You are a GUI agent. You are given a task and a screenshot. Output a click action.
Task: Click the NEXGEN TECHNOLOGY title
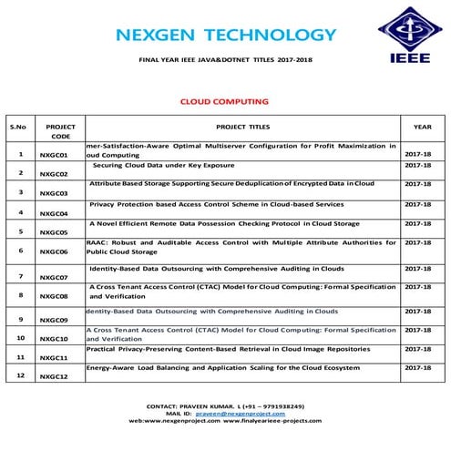pyautogui.click(x=226, y=36)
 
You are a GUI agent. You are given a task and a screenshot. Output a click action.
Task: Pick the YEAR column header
pyautogui.click(x=422, y=127)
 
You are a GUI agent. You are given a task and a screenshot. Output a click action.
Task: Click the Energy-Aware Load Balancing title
pyautogui.click(x=229, y=367)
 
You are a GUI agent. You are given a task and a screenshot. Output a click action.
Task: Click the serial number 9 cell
pyautogui.click(x=19, y=319)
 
